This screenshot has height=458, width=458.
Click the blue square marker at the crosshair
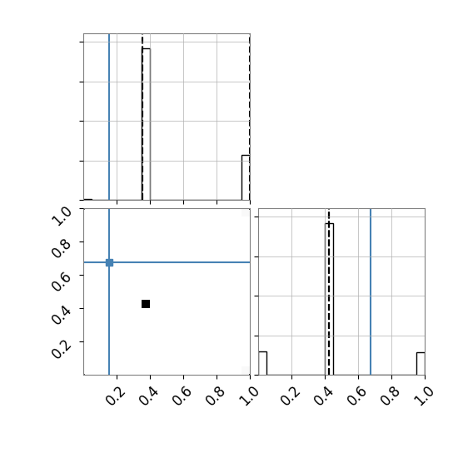click(109, 262)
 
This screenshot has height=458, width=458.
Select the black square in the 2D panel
click(146, 304)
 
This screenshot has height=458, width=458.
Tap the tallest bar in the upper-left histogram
click(147, 124)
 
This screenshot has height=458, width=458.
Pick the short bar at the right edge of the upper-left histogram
click(246, 177)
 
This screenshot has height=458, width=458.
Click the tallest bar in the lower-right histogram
click(330, 299)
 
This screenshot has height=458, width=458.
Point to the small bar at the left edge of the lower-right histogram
click(263, 363)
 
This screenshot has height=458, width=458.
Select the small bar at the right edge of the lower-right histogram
click(421, 364)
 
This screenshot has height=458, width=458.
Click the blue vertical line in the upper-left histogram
click(109, 117)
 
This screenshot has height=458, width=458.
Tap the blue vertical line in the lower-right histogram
click(371, 291)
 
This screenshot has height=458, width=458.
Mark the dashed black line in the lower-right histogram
click(329, 291)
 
